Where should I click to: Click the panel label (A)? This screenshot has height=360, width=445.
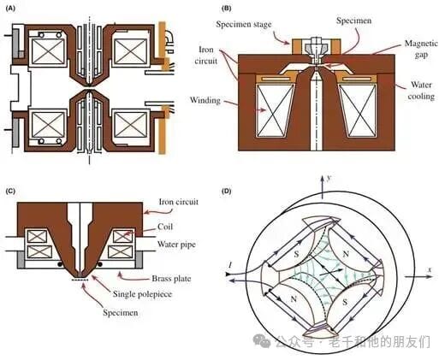tap(10, 9)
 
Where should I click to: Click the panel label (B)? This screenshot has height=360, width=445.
tap(227, 9)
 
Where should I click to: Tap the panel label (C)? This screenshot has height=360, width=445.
tap(10, 191)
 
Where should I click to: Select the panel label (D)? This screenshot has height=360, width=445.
tap(227, 191)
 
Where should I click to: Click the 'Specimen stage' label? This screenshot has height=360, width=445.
tap(243, 25)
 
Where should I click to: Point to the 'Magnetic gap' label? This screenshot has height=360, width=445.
tap(421, 49)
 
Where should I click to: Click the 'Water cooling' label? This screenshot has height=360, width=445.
tap(421, 91)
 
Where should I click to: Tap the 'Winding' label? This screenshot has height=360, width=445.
tap(205, 100)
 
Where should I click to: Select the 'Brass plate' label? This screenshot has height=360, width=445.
tap(171, 279)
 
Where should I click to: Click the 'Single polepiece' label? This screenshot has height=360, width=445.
tap(142, 294)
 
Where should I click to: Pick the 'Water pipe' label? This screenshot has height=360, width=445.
tap(176, 245)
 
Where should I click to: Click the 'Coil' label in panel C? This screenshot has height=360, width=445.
tap(165, 227)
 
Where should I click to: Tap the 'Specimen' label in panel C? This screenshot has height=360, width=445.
tap(121, 313)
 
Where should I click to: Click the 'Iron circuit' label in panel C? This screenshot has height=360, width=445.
tap(179, 202)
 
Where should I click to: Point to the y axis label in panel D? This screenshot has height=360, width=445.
tap(329, 178)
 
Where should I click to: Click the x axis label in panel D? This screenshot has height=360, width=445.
tap(430, 269)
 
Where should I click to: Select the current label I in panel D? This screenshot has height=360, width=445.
tap(229, 266)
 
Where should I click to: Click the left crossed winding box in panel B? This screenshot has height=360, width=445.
tap(276, 111)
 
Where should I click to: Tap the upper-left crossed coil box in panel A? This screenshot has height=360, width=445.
tap(49, 51)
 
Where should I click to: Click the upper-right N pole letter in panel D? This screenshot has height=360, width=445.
tap(346, 254)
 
